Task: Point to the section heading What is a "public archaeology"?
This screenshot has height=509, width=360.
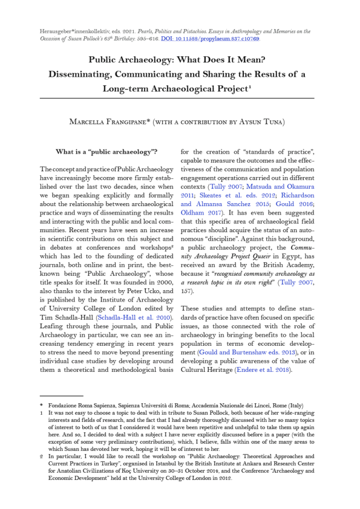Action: point(106,151)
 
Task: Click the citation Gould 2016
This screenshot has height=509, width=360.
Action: point(292,205)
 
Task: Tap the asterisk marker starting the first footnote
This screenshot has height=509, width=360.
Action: point(41,404)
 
